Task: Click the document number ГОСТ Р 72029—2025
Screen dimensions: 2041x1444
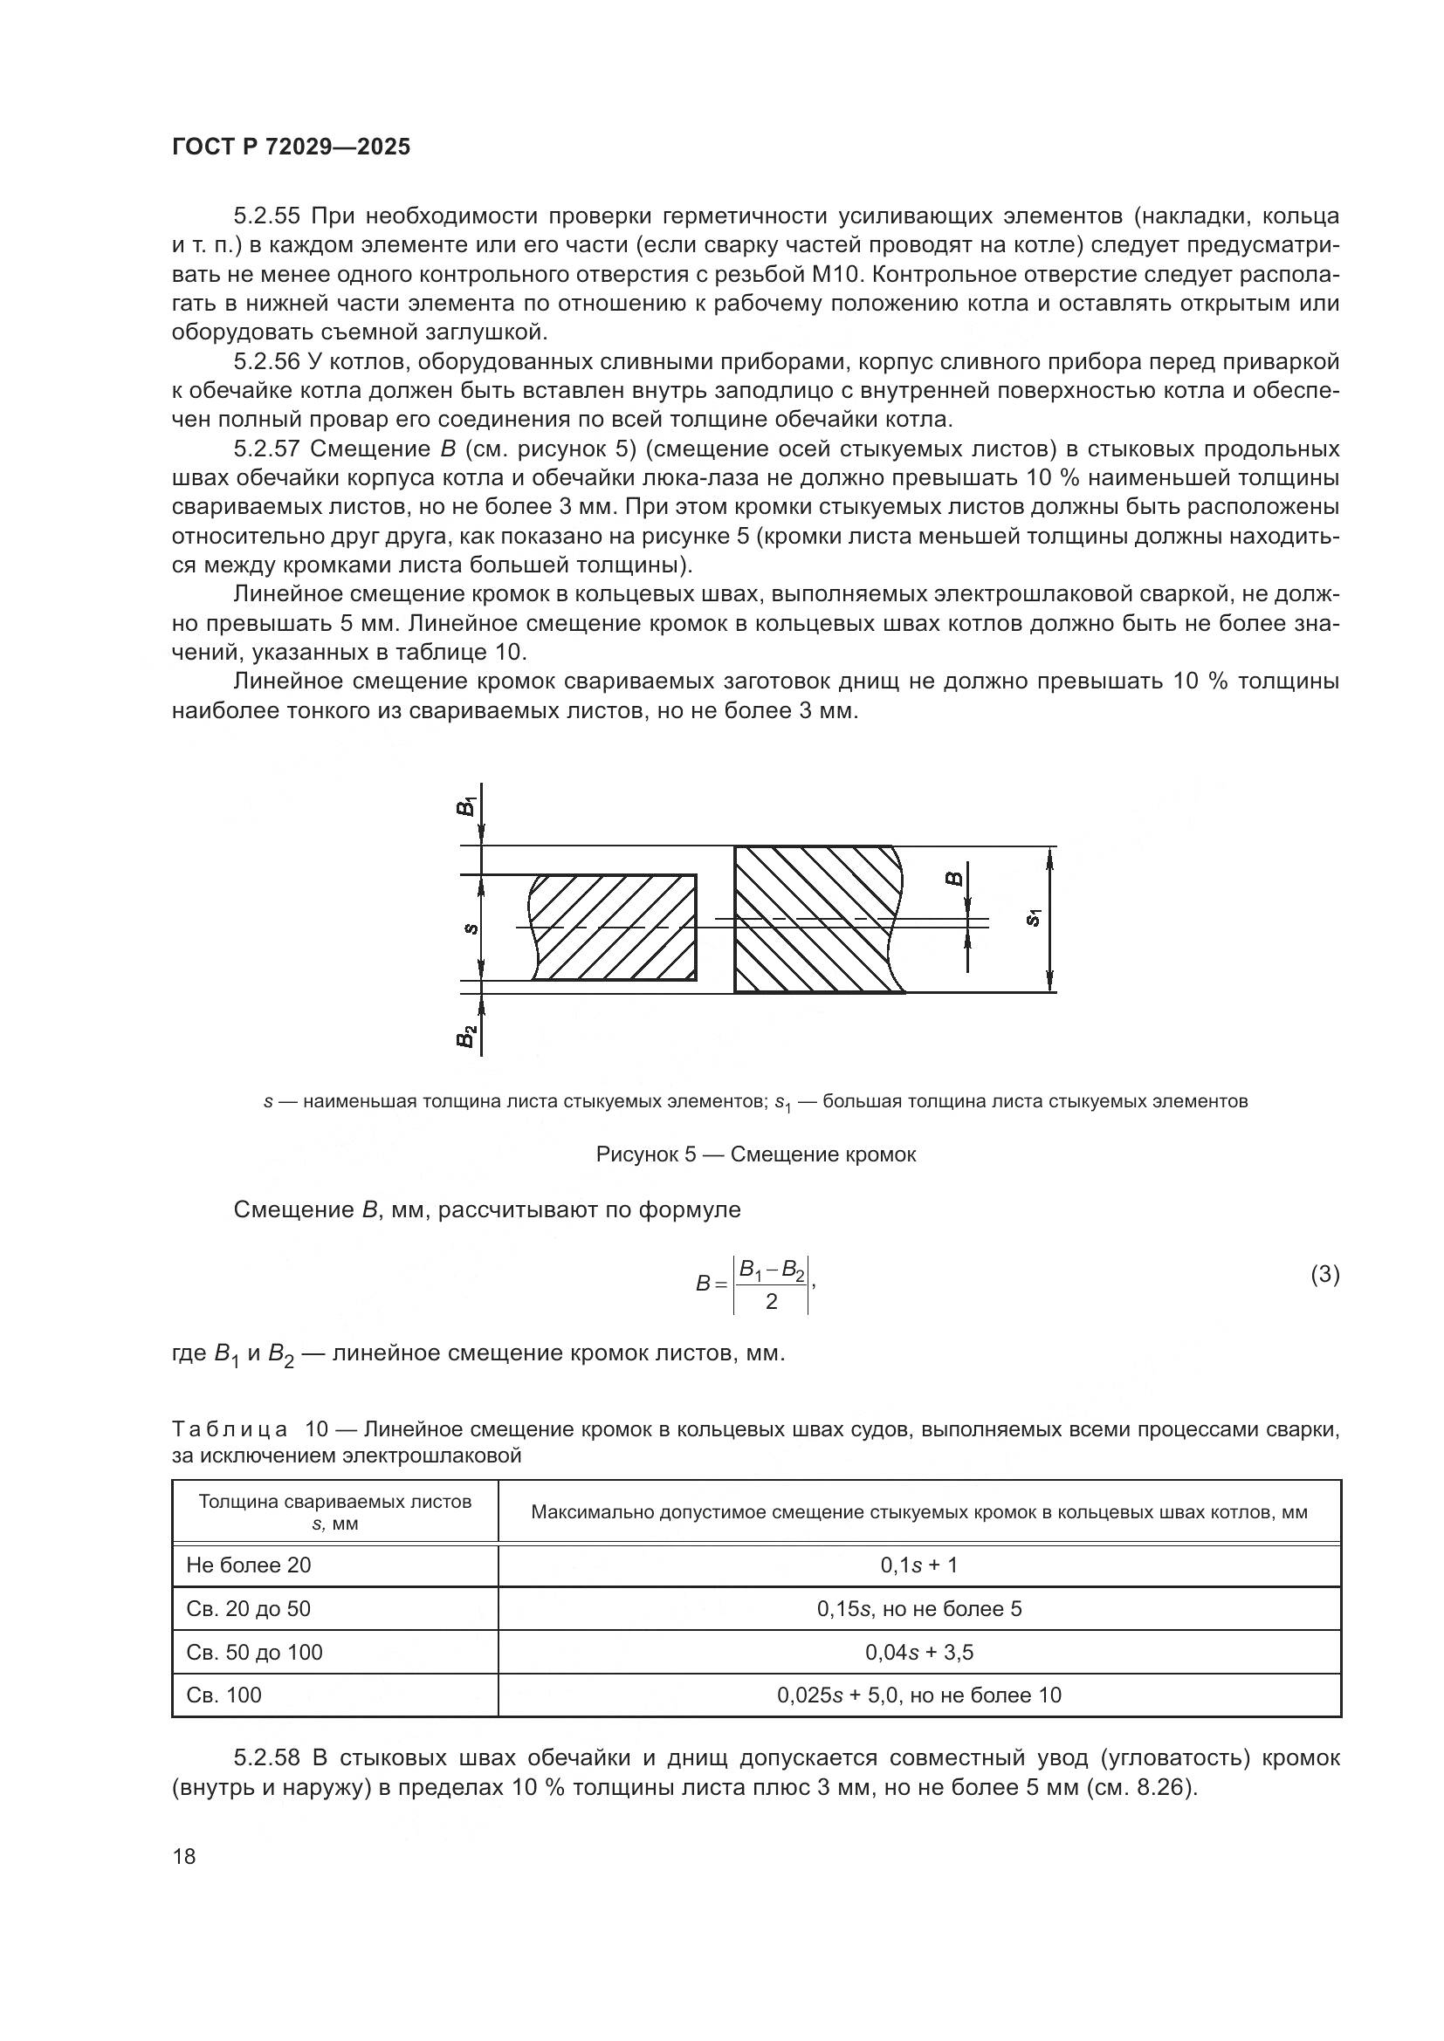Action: point(291,147)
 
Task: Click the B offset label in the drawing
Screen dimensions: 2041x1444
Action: point(953,880)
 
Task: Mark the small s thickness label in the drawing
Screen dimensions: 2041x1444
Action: point(471,929)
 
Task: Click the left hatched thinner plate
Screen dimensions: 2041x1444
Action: point(614,928)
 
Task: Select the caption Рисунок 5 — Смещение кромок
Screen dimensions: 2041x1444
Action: point(755,1154)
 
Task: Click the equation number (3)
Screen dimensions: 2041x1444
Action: point(1324,1275)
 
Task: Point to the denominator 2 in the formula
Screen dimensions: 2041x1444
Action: point(771,1301)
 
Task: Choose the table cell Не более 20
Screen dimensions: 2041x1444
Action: point(249,1565)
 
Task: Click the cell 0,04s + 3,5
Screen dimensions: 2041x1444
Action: point(918,1653)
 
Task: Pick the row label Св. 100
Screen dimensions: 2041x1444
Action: point(224,1695)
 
